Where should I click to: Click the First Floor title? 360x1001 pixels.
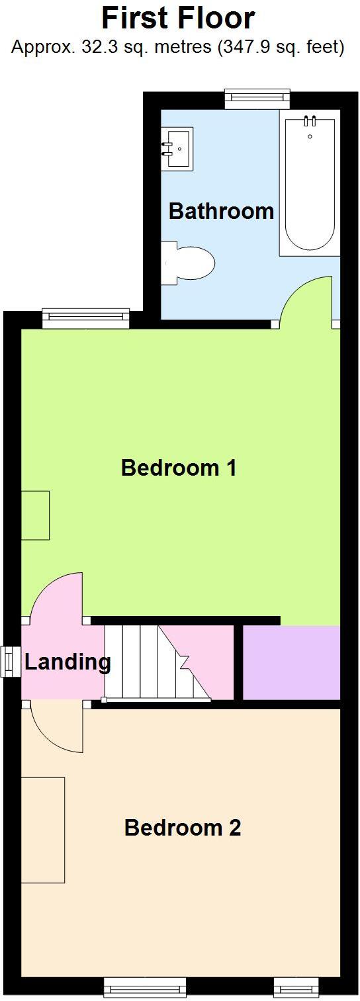[x=178, y=18]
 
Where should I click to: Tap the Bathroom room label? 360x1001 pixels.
[x=221, y=212]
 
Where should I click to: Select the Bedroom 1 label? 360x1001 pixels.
[x=179, y=468]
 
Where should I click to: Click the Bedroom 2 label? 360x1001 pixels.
[x=182, y=828]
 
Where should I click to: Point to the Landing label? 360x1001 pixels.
[x=67, y=662]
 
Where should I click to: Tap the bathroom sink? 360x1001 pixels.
[x=177, y=149]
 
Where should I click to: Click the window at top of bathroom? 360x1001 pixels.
[x=257, y=99]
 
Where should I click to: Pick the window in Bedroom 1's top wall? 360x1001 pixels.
[x=86, y=318]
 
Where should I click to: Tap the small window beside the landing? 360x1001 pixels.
[x=10, y=662]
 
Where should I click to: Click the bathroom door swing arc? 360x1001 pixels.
[x=306, y=301]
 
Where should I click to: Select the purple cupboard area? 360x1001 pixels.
[x=291, y=662]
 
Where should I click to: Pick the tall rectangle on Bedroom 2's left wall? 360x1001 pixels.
[x=43, y=830]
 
